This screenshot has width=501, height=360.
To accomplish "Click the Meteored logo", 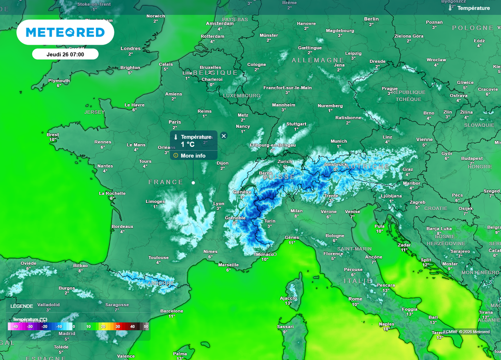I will [65, 33].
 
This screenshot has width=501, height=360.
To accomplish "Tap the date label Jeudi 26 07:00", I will [65, 54].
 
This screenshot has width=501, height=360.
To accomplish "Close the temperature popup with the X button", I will [224, 136].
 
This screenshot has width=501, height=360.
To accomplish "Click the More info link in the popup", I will [193, 156].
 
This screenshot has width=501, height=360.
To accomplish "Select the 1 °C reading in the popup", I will [188, 144].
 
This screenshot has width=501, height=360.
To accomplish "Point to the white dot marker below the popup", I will [193, 182].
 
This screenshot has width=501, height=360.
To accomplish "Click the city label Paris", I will [175, 122].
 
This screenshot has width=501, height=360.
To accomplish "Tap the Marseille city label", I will [228, 265].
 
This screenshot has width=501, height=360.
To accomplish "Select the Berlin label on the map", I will [371, 19].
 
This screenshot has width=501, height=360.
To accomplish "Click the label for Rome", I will [355, 299].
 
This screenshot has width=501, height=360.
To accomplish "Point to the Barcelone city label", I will [172, 311].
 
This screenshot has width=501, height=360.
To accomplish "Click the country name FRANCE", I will [166, 182].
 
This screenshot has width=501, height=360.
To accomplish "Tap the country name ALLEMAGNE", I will [318, 60].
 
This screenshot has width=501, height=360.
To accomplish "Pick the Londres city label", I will [131, 48].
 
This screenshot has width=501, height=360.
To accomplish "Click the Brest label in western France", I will [53, 135].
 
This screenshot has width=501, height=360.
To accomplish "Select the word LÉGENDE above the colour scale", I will [22, 306].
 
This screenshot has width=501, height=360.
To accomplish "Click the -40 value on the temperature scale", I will [15, 326].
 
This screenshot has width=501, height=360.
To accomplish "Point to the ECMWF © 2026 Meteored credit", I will [466, 332].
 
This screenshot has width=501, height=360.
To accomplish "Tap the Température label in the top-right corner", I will [473, 8].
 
